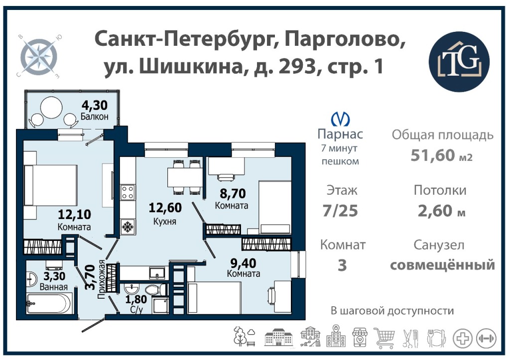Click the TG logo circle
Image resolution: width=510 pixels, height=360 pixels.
coord(459,61)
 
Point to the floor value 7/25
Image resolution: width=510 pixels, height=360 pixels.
coord(340,211)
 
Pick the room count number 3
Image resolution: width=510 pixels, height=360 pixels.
coord(342,265)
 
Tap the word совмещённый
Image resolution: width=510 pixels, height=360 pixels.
coord(442,265)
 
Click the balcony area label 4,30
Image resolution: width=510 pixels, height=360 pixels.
coord(94,105)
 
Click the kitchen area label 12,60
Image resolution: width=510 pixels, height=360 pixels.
coord(165,207)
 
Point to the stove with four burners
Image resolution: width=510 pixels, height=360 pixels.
coord(127,192)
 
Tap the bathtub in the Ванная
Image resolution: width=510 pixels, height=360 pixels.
coord(49,303)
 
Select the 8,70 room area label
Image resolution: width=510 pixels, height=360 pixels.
coord(232,194)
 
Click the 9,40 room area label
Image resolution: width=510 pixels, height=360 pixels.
coord(243,262)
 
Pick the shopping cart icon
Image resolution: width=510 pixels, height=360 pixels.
coord(384,337)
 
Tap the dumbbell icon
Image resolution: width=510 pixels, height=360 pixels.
coord(486,338)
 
